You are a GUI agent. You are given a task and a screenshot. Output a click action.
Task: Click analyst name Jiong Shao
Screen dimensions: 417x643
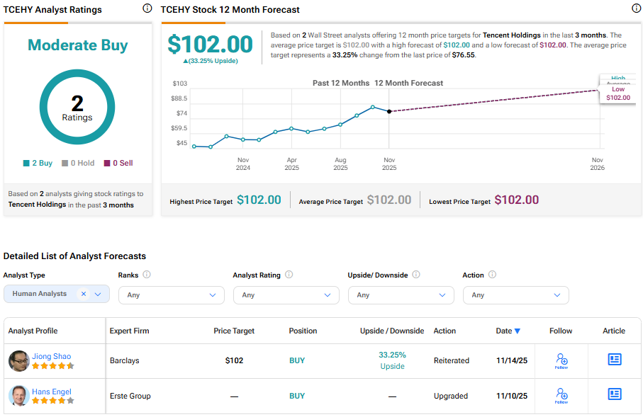51,356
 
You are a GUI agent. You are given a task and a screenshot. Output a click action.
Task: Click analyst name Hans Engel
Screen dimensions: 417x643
51,392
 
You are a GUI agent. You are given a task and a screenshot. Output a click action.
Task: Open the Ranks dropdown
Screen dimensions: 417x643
171,295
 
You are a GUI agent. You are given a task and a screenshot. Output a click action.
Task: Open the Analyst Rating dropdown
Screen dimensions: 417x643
286,295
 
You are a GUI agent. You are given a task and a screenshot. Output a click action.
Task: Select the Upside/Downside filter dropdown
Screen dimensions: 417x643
401,295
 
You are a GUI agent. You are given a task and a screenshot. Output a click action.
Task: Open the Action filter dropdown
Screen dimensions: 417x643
515,295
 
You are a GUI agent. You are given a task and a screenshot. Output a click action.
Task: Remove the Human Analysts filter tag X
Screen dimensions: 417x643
83,294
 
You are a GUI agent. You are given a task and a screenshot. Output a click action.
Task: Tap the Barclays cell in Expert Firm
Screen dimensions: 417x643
124,360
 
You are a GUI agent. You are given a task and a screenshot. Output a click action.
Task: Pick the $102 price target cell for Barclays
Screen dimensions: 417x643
234,360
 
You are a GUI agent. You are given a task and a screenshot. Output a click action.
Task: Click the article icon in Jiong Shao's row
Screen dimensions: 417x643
615,360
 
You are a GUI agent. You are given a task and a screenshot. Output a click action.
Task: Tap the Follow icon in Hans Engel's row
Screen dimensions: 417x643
561,395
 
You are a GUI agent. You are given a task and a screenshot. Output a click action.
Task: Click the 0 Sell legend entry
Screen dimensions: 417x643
118,163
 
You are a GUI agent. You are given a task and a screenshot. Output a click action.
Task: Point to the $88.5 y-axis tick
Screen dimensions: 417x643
180,98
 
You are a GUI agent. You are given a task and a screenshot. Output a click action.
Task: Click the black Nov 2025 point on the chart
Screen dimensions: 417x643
389,112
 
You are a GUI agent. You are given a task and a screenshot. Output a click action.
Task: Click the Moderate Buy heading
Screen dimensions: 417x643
77,45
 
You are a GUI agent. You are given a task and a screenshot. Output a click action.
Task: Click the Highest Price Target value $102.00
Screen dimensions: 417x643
259,200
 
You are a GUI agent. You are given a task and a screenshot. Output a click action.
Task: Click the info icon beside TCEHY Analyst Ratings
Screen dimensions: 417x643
147,8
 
